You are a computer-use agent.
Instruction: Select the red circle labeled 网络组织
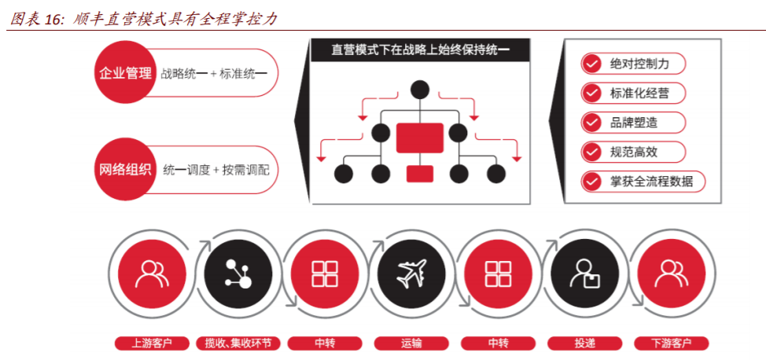pyautogui.click(x=125, y=169)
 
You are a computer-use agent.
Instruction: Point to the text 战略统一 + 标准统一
pyautogui.click(x=214, y=74)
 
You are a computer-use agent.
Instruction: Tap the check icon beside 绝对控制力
pyautogui.click(x=592, y=64)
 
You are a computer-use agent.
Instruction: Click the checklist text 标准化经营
pyautogui.click(x=639, y=93)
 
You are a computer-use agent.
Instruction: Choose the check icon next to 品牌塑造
pyautogui.click(x=592, y=123)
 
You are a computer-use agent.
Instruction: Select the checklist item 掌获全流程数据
pyautogui.click(x=651, y=181)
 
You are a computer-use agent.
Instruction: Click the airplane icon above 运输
pyautogui.click(x=411, y=273)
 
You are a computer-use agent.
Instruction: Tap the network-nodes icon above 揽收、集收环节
pyautogui.click(x=237, y=273)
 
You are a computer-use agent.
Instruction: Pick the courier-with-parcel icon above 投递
pyautogui.click(x=583, y=273)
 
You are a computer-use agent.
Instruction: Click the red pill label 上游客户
pyautogui.click(x=151, y=343)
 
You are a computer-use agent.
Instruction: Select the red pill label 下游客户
pyautogui.click(x=671, y=343)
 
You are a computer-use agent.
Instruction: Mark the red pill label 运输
pyautogui.click(x=411, y=343)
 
